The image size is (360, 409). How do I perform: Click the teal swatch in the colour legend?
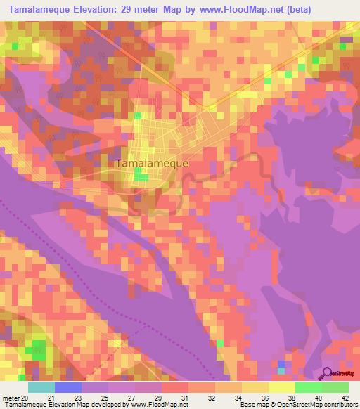pos(41,387)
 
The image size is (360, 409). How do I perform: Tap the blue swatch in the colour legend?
pos(68,387)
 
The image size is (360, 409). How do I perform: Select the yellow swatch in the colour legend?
pos(255,387)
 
